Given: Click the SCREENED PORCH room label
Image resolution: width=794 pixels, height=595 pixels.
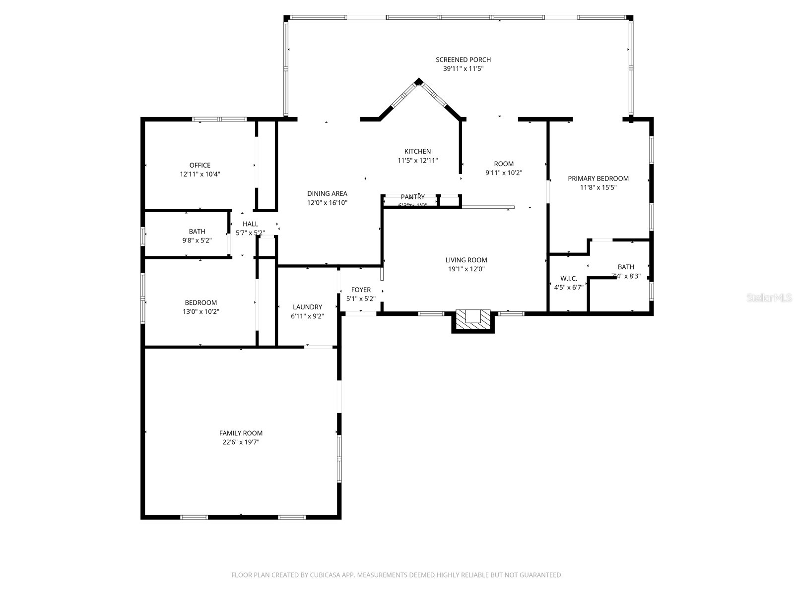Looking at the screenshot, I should [463, 60].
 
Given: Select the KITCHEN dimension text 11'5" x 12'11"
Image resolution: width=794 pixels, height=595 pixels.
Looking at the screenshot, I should [417, 161].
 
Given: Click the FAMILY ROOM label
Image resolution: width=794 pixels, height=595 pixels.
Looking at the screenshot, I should [241, 433].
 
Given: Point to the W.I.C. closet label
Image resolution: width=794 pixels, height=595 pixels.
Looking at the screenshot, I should [569, 279].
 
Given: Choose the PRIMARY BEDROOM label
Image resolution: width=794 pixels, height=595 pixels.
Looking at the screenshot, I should [598, 178].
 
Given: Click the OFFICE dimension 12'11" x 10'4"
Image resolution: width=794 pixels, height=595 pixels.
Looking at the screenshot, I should [200, 175].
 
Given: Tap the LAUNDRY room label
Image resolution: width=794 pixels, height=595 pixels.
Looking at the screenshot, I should [307, 307].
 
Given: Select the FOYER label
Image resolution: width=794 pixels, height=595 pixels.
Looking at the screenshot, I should [361, 290].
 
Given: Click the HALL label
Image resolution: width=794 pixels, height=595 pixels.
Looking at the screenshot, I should [250, 224].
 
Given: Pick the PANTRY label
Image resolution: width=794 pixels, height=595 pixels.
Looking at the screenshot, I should [413, 197].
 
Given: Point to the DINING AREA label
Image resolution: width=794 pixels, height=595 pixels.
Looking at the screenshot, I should [327, 193].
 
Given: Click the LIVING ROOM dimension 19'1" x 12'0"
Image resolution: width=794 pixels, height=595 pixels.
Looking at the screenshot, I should [466, 269].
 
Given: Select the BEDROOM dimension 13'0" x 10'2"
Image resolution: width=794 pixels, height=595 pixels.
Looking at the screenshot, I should [200, 312].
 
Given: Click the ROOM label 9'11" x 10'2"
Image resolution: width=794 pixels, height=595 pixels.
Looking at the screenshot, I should [504, 164].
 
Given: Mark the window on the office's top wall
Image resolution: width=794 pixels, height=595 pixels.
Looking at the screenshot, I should [219, 119].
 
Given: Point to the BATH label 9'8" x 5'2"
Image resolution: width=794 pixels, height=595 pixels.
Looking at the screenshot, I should [197, 232].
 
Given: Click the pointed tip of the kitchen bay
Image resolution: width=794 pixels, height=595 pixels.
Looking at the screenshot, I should [419, 81].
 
